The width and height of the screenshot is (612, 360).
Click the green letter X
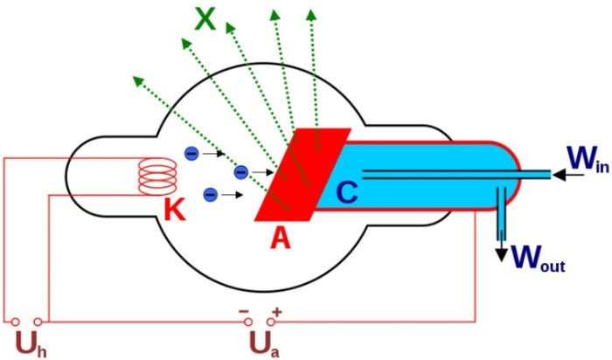point(205,18)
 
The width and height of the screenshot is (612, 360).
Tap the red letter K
point(175,211)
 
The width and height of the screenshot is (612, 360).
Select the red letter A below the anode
point(281,238)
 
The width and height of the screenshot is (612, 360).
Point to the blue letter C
point(346,192)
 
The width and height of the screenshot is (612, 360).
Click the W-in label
point(588,159)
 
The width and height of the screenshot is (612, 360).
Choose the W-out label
point(538,258)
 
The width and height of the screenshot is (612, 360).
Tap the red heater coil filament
point(157,177)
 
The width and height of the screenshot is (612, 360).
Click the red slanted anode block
point(303,175)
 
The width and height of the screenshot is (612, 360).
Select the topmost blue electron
point(191,153)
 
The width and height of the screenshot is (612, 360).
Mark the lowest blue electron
point(211,194)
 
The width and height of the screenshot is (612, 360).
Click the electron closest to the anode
point(241,171)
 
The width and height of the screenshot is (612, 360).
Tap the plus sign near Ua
point(277,312)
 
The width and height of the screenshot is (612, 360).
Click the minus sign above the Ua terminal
point(244,311)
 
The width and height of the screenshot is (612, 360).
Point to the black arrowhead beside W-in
point(559,175)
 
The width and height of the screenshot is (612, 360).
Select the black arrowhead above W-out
point(501,254)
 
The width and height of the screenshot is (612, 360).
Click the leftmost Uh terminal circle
point(15,322)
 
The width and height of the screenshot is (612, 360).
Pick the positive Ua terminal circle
point(270,322)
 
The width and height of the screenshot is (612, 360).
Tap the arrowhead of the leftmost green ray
point(137,80)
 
